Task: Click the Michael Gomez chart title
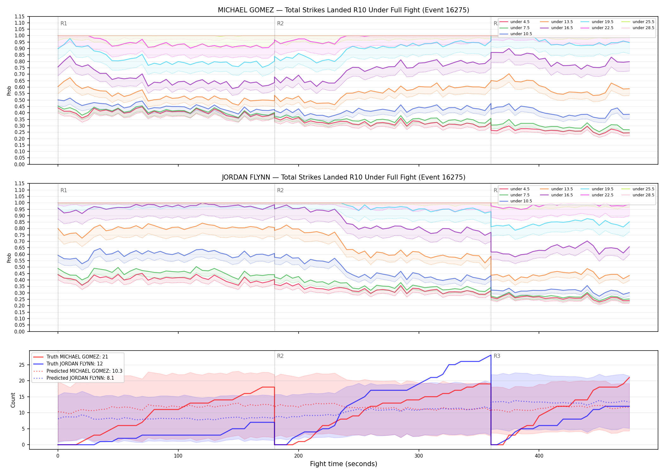coord(343,10)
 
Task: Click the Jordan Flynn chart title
coord(343,177)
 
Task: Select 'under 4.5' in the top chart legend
coord(520,22)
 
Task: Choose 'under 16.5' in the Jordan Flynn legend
coord(562,195)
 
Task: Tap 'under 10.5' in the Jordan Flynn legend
coord(521,201)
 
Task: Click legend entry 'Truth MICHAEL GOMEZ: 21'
coord(77,357)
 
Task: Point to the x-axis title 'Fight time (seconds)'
coord(344,464)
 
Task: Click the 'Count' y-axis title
coord(13,400)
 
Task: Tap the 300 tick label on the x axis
coord(419,456)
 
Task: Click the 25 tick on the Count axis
coord(22,365)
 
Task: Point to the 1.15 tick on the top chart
coord(20,16)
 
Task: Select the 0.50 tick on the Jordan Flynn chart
coord(20,267)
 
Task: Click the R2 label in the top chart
coord(280,23)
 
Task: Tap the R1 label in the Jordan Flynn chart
coord(64,190)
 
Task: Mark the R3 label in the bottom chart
coord(497,356)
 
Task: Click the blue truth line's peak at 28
coord(491,355)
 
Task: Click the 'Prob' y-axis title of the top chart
coord(9,91)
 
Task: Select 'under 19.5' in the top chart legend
coord(602,22)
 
